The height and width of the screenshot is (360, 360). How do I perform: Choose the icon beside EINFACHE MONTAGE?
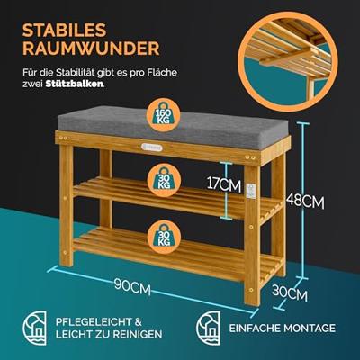(x=202, y=328)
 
